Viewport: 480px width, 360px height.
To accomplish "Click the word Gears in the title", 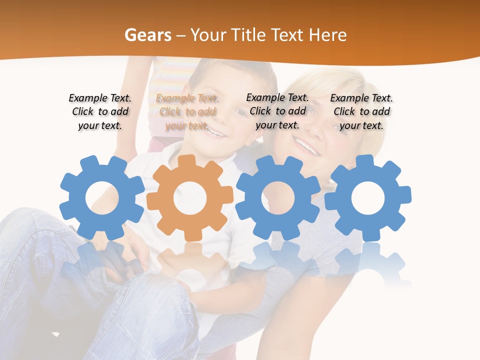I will [147, 35].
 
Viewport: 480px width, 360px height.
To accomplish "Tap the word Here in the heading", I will [327, 35].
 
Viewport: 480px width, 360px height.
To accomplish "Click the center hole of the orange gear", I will [190, 198].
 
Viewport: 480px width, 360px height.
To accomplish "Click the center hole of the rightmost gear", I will [368, 198].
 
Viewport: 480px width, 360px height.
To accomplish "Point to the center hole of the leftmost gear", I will [102, 198].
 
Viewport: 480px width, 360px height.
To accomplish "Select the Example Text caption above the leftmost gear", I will [100, 111].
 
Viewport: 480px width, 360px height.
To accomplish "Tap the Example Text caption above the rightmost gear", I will [361, 111].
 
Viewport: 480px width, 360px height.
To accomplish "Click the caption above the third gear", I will [277, 111].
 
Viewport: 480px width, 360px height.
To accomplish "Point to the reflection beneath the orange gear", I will [190, 265].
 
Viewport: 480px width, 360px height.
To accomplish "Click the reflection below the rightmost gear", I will [368, 265].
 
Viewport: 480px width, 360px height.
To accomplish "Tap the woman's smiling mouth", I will [306, 146].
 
